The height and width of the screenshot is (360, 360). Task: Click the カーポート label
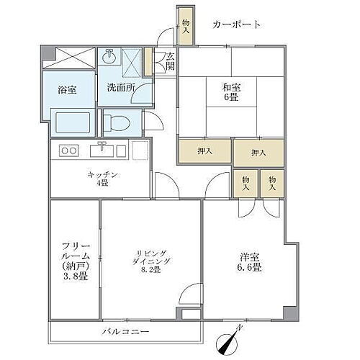236,24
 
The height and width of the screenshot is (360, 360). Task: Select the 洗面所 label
120,88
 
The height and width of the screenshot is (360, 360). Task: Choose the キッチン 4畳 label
102,179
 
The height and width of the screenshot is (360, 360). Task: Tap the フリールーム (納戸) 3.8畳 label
74,259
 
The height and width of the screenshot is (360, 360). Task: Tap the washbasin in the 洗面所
110,58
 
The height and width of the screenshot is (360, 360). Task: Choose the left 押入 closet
205,152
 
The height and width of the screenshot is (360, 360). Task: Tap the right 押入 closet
258,152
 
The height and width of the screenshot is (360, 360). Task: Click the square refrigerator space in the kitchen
140,150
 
